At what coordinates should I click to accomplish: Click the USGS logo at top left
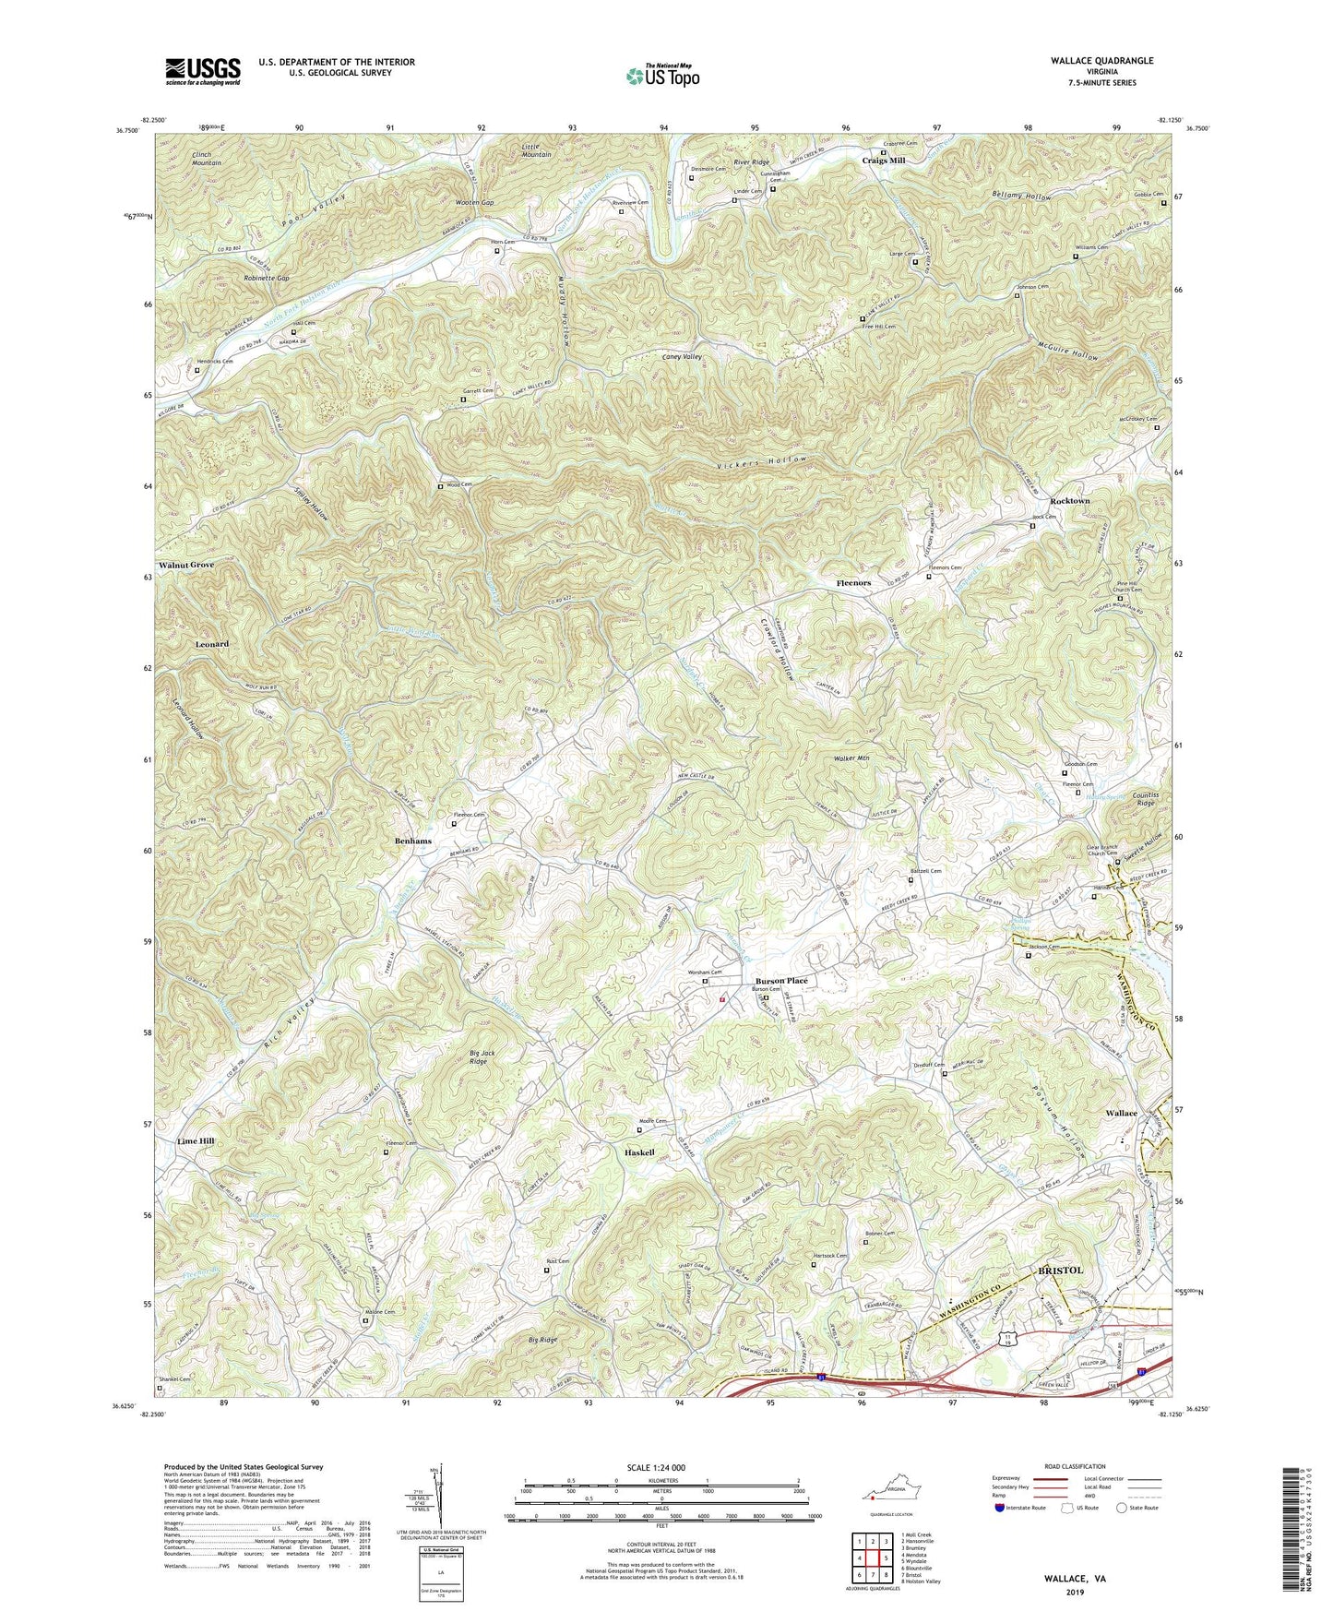point(203,71)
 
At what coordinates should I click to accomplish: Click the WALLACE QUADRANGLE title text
point(1101,61)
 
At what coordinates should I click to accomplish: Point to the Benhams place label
point(413,841)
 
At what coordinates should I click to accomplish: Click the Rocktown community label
point(1069,501)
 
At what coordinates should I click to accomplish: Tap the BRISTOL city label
point(1060,1271)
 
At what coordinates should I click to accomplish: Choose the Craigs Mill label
point(883,161)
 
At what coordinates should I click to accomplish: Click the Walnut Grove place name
point(186,565)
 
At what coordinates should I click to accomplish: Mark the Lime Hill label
point(196,1141)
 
